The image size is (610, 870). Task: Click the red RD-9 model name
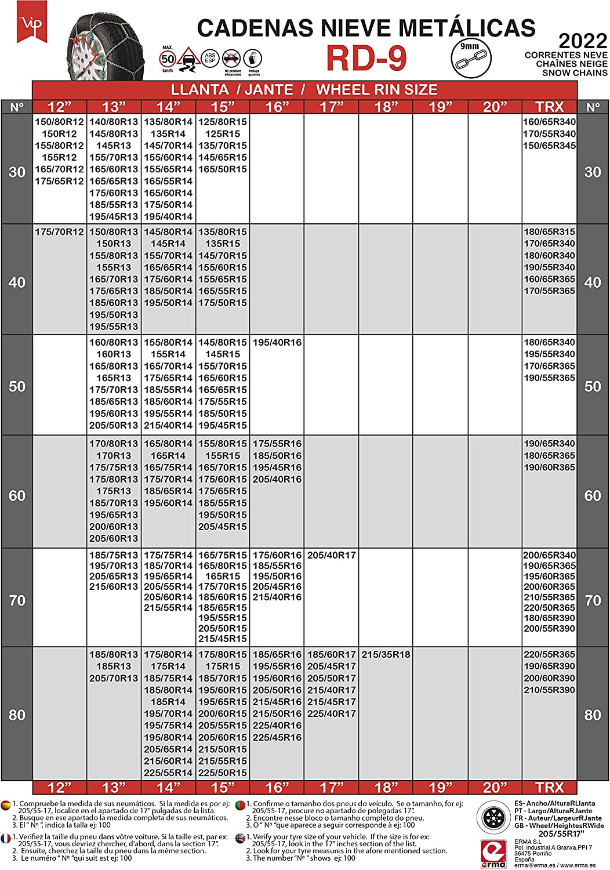[x=366, y=58]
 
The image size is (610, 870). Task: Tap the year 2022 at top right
[x=582, y=41]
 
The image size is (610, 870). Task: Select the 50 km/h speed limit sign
[x=168, y=59]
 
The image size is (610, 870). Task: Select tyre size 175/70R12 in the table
[x=59, y=232]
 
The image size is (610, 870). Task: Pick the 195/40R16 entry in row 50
[x=277, y=343]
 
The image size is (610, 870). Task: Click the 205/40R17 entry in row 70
[x=332, y=555]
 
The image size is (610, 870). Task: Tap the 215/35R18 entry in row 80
[x=386, y=655]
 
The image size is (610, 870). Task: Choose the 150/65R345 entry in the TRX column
[x=549, y=146]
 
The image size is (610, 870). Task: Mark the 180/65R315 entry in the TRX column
[x=549, y=232]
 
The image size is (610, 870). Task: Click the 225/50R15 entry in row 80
[x=223, y=773]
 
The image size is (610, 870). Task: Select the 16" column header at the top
[x=277, y=107]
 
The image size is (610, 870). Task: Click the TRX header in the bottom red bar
[x=549, y=787]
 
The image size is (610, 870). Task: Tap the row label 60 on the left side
[x=17, y=496]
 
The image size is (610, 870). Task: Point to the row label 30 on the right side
[x=593, y=172]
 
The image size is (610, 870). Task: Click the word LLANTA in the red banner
[x=199, y=90]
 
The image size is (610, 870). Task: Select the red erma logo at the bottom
[x=493, y=854]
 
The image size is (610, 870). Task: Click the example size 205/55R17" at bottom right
[x=560, y=833]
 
